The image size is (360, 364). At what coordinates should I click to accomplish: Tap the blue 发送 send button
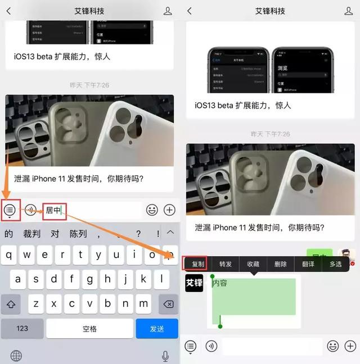tap(157, 329)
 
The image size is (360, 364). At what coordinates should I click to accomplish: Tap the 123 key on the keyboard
tap(22, 329)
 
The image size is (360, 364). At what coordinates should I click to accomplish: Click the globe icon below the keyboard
tap(16, 356)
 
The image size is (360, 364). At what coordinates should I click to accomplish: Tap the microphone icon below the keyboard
tap(165, 356)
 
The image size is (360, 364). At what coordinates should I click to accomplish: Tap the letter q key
tap(10, 256)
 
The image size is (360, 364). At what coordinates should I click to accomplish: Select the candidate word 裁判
tap(31, 234)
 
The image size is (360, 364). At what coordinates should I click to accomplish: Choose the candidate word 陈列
tap(78, 234)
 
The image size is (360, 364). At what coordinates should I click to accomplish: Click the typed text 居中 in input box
tap(53, 210)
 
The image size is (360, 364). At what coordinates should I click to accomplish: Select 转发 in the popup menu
tap(226, 263)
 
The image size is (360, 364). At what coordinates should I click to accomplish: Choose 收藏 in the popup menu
tap(253, 263)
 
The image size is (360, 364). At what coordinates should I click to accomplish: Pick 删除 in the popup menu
tap(281, 263)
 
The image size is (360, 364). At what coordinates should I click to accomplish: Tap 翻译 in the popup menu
tap(308, 263)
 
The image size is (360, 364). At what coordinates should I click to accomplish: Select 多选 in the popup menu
tap(336, 263)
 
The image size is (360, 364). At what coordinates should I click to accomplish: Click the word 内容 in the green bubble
tap(220, 283)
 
